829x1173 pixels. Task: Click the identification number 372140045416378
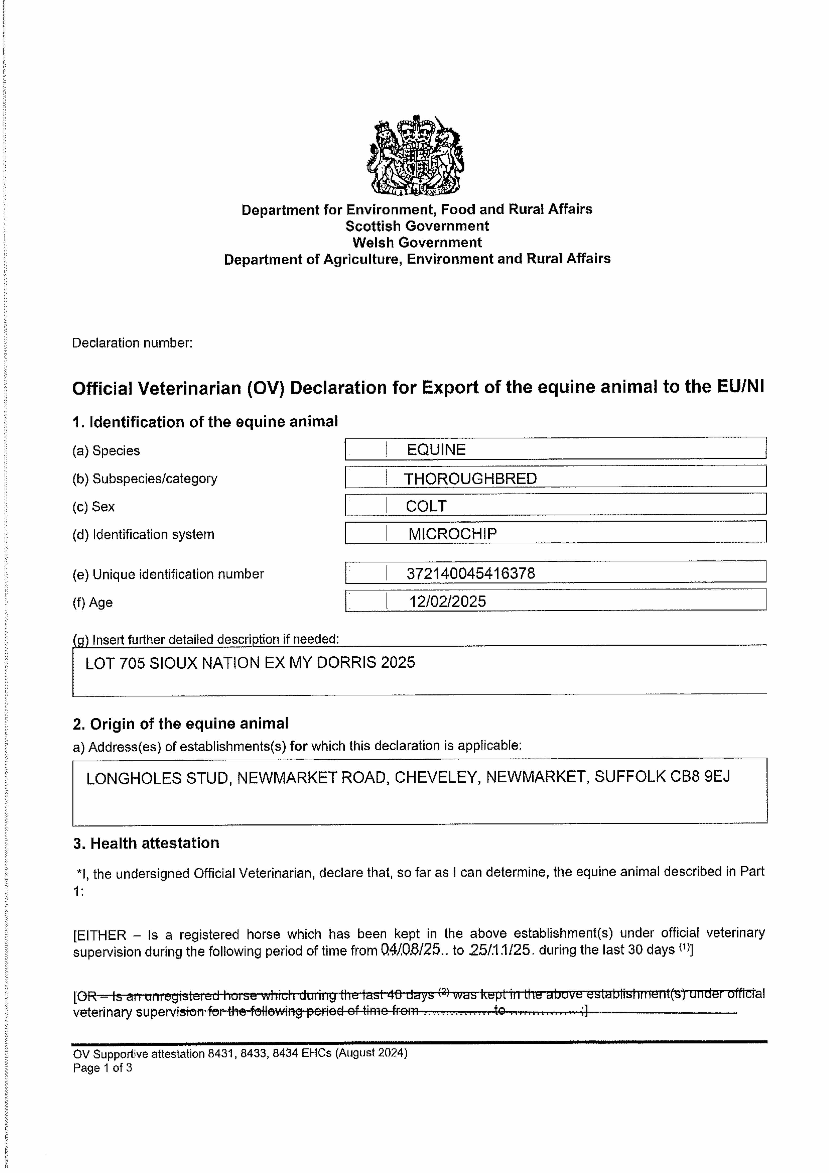[x=470, y=573]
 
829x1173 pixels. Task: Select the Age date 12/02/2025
[x=447, y=601]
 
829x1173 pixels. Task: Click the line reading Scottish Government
[x=417, y=226]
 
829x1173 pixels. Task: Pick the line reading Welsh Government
[x=417, y=242]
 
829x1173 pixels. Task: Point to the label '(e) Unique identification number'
[x=168, y=574]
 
